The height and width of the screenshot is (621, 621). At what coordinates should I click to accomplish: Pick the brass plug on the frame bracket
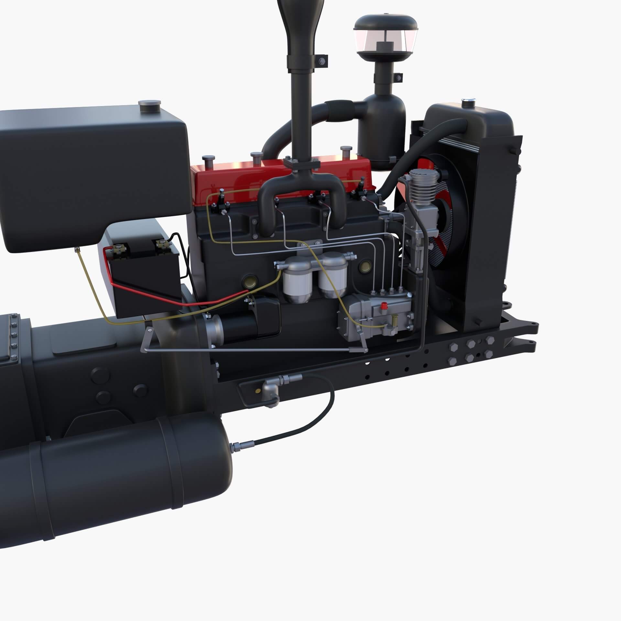tap(258, 391)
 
